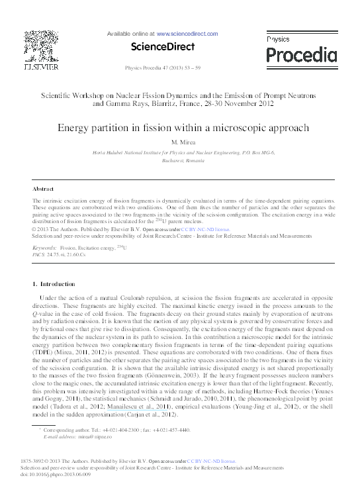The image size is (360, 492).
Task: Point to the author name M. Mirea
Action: [x=180, y=143]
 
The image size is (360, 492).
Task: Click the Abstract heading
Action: [x=43, y=189]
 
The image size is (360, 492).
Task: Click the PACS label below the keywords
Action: [x=38, y=253]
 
